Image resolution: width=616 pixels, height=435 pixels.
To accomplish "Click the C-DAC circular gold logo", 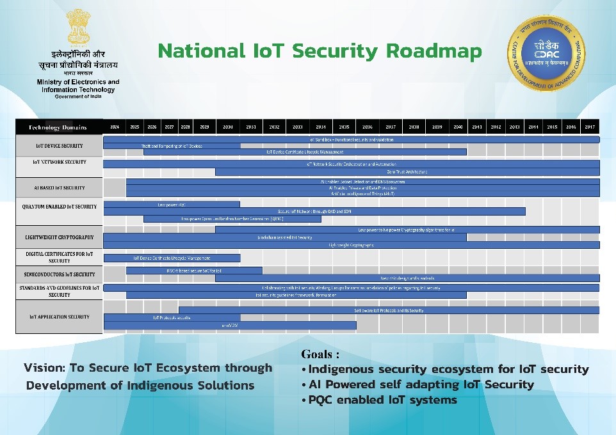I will pyautogui.click(x=546, y=53).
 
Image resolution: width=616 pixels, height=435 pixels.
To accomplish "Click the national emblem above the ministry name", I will pyautogui.click(x=78, y=27).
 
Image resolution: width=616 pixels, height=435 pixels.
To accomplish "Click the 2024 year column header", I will pyautogui.click(x=115, y=127).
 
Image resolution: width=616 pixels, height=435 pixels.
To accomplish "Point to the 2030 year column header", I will pyautogui.click(x=227, y=127).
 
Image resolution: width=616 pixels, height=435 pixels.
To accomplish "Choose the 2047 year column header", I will pyautogui.click(x=590, y=127).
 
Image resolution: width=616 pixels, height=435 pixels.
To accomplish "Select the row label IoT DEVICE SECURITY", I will pyautogui.click(x=59, y=146).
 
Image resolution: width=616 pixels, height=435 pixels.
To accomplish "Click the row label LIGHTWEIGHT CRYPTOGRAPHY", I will pyautogui.click(x=59, y=237).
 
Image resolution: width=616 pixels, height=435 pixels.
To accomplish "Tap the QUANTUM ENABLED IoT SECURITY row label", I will pyautogui.click(x=59, y=207).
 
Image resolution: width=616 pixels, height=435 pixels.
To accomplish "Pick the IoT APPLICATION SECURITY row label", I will pyautogui.click(x=59, y=317).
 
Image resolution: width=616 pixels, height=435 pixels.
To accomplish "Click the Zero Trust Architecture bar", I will pyautogui.click(x=407, y=172).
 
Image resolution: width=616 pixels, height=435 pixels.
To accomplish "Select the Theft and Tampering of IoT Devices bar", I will pyautogui.click(x=172, y=146).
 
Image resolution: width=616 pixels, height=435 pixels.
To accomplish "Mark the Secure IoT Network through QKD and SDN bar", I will pyautogui.click(x=314, y=211).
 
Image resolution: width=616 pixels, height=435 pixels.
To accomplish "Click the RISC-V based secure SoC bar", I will pyautogui.click(x=194, y=271).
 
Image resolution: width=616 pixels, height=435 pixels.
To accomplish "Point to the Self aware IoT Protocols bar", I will pyautogui.click(x=389, y=310).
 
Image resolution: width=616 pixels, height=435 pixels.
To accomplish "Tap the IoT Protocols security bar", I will pyautogui.click(x=172, y=317).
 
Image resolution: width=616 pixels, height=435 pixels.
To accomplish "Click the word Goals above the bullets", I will pyautogui.click(x=316, y=354).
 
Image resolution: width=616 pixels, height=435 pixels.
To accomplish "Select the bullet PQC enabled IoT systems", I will pyautogui.click(x=383, y=400).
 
